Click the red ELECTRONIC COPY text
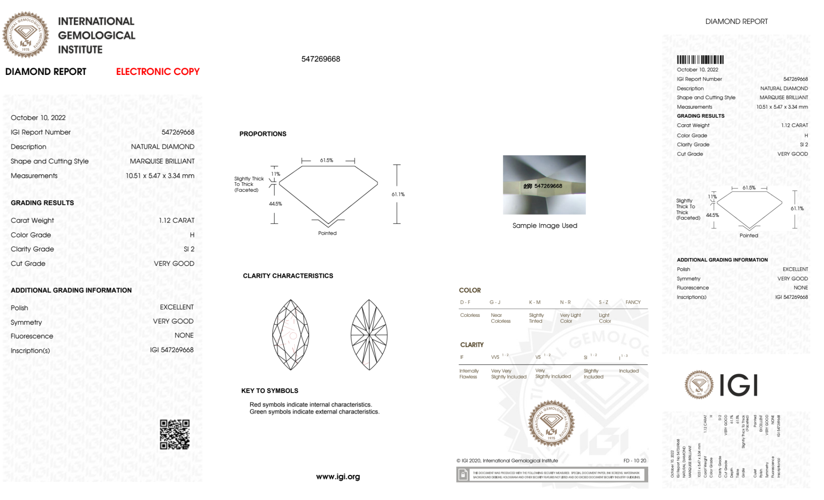158,72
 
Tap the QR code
175,435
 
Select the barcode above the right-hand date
700,60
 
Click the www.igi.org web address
338,477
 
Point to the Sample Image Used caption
544,226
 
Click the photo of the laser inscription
544,185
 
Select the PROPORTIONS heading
263,134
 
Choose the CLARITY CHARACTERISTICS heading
288,276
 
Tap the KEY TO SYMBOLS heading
270,391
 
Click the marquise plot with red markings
291,335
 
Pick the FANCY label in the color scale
633,302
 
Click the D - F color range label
465,302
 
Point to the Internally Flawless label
469,374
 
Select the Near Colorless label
500,318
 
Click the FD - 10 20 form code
635,460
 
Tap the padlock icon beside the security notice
463,475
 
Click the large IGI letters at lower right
739,385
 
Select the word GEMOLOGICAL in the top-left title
96,35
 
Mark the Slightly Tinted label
536,318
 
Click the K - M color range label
535,302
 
